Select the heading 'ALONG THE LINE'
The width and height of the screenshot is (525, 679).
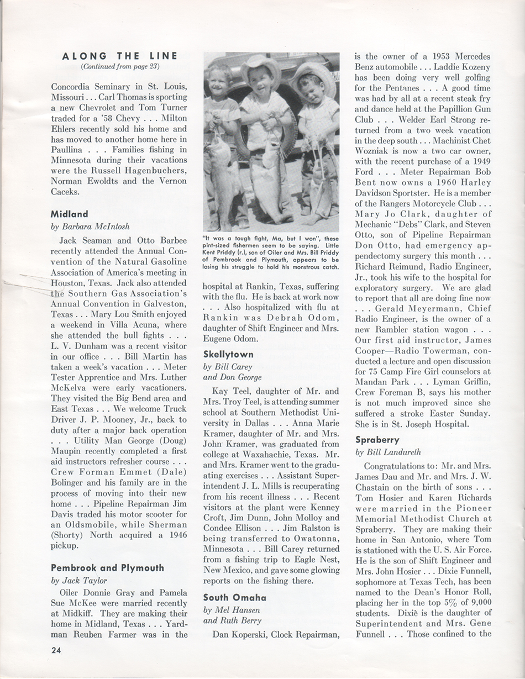120,56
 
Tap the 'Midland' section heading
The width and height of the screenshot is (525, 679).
70,214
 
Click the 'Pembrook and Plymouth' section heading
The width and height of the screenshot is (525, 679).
107,567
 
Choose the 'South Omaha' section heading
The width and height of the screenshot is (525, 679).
235,597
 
